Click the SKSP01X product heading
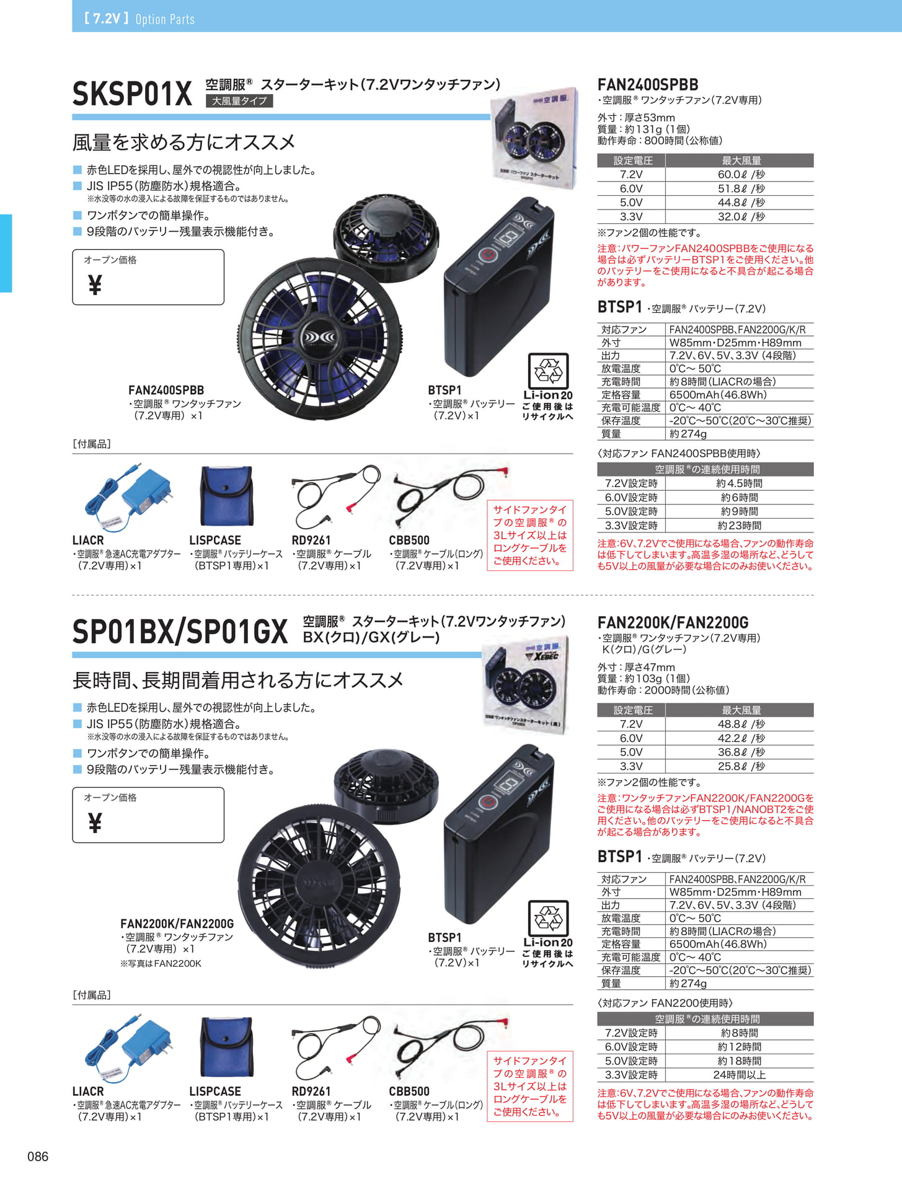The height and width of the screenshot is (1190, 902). pyautogui.click(x=132, y=94)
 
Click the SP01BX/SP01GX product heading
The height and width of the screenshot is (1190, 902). pyautogui.click(x=180, y=632)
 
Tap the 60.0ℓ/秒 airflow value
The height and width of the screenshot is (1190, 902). pyautogui.click(x=741, y=175)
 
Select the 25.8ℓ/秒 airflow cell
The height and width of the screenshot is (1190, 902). pyautogui.click(x=741, y=766)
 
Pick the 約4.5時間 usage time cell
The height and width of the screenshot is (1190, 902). pyautogui.click(x=739, y=483)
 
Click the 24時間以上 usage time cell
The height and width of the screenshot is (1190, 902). pyautogui.click(x=739, y=1075)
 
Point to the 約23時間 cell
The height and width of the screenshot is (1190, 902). pyautogui.click(x=739, y=526)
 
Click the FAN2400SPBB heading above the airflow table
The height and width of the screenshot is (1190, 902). pyautogui.click(x=648, y=84)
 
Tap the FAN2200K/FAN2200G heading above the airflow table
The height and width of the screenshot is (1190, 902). pyautogui.click(x=673, y=622)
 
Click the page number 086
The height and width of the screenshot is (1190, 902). pyautogui.click(x=38, y=1157)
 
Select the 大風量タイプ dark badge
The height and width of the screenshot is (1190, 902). pyautogui.click(x=239, y=101)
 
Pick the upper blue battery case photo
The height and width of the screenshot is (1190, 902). pyautogui.click(x=227, y=496)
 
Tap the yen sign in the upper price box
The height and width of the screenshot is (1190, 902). pyautogui.click(x=95, y=285)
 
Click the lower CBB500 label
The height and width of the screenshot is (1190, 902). pyautogui.click(x=409, y=1091)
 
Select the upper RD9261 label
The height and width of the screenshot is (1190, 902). pyautogui.click(x=311, y=540)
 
